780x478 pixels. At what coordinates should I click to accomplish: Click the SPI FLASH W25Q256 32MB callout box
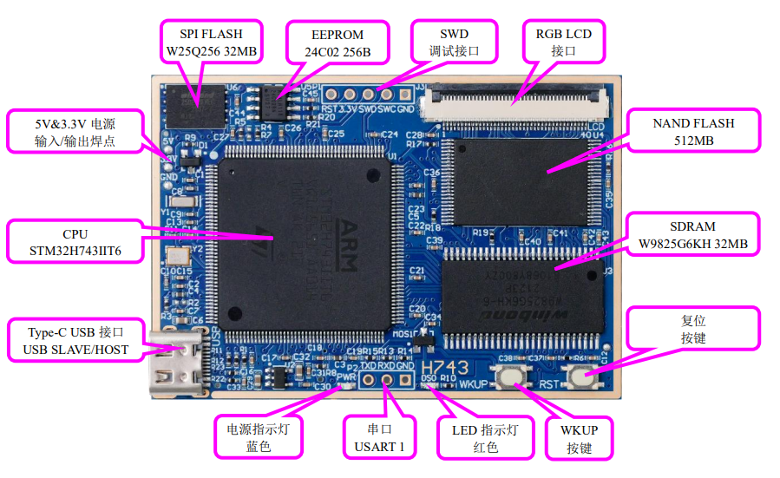tap(212, 42)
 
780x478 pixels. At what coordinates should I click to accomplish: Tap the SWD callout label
tap(454, 42)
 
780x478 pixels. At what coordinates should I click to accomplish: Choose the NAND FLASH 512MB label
tap(693, 132)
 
